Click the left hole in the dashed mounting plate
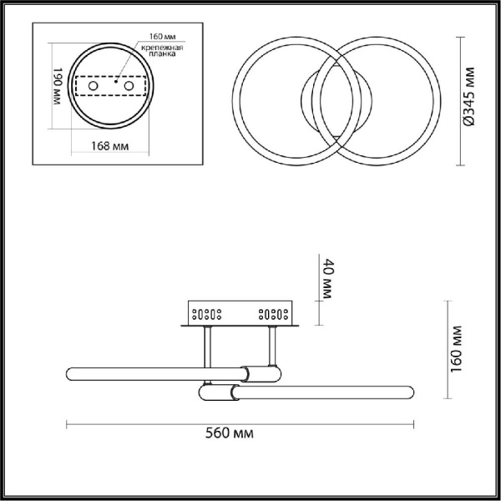point(94,86)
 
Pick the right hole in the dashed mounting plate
point(129,86)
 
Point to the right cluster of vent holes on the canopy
point(274,315)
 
